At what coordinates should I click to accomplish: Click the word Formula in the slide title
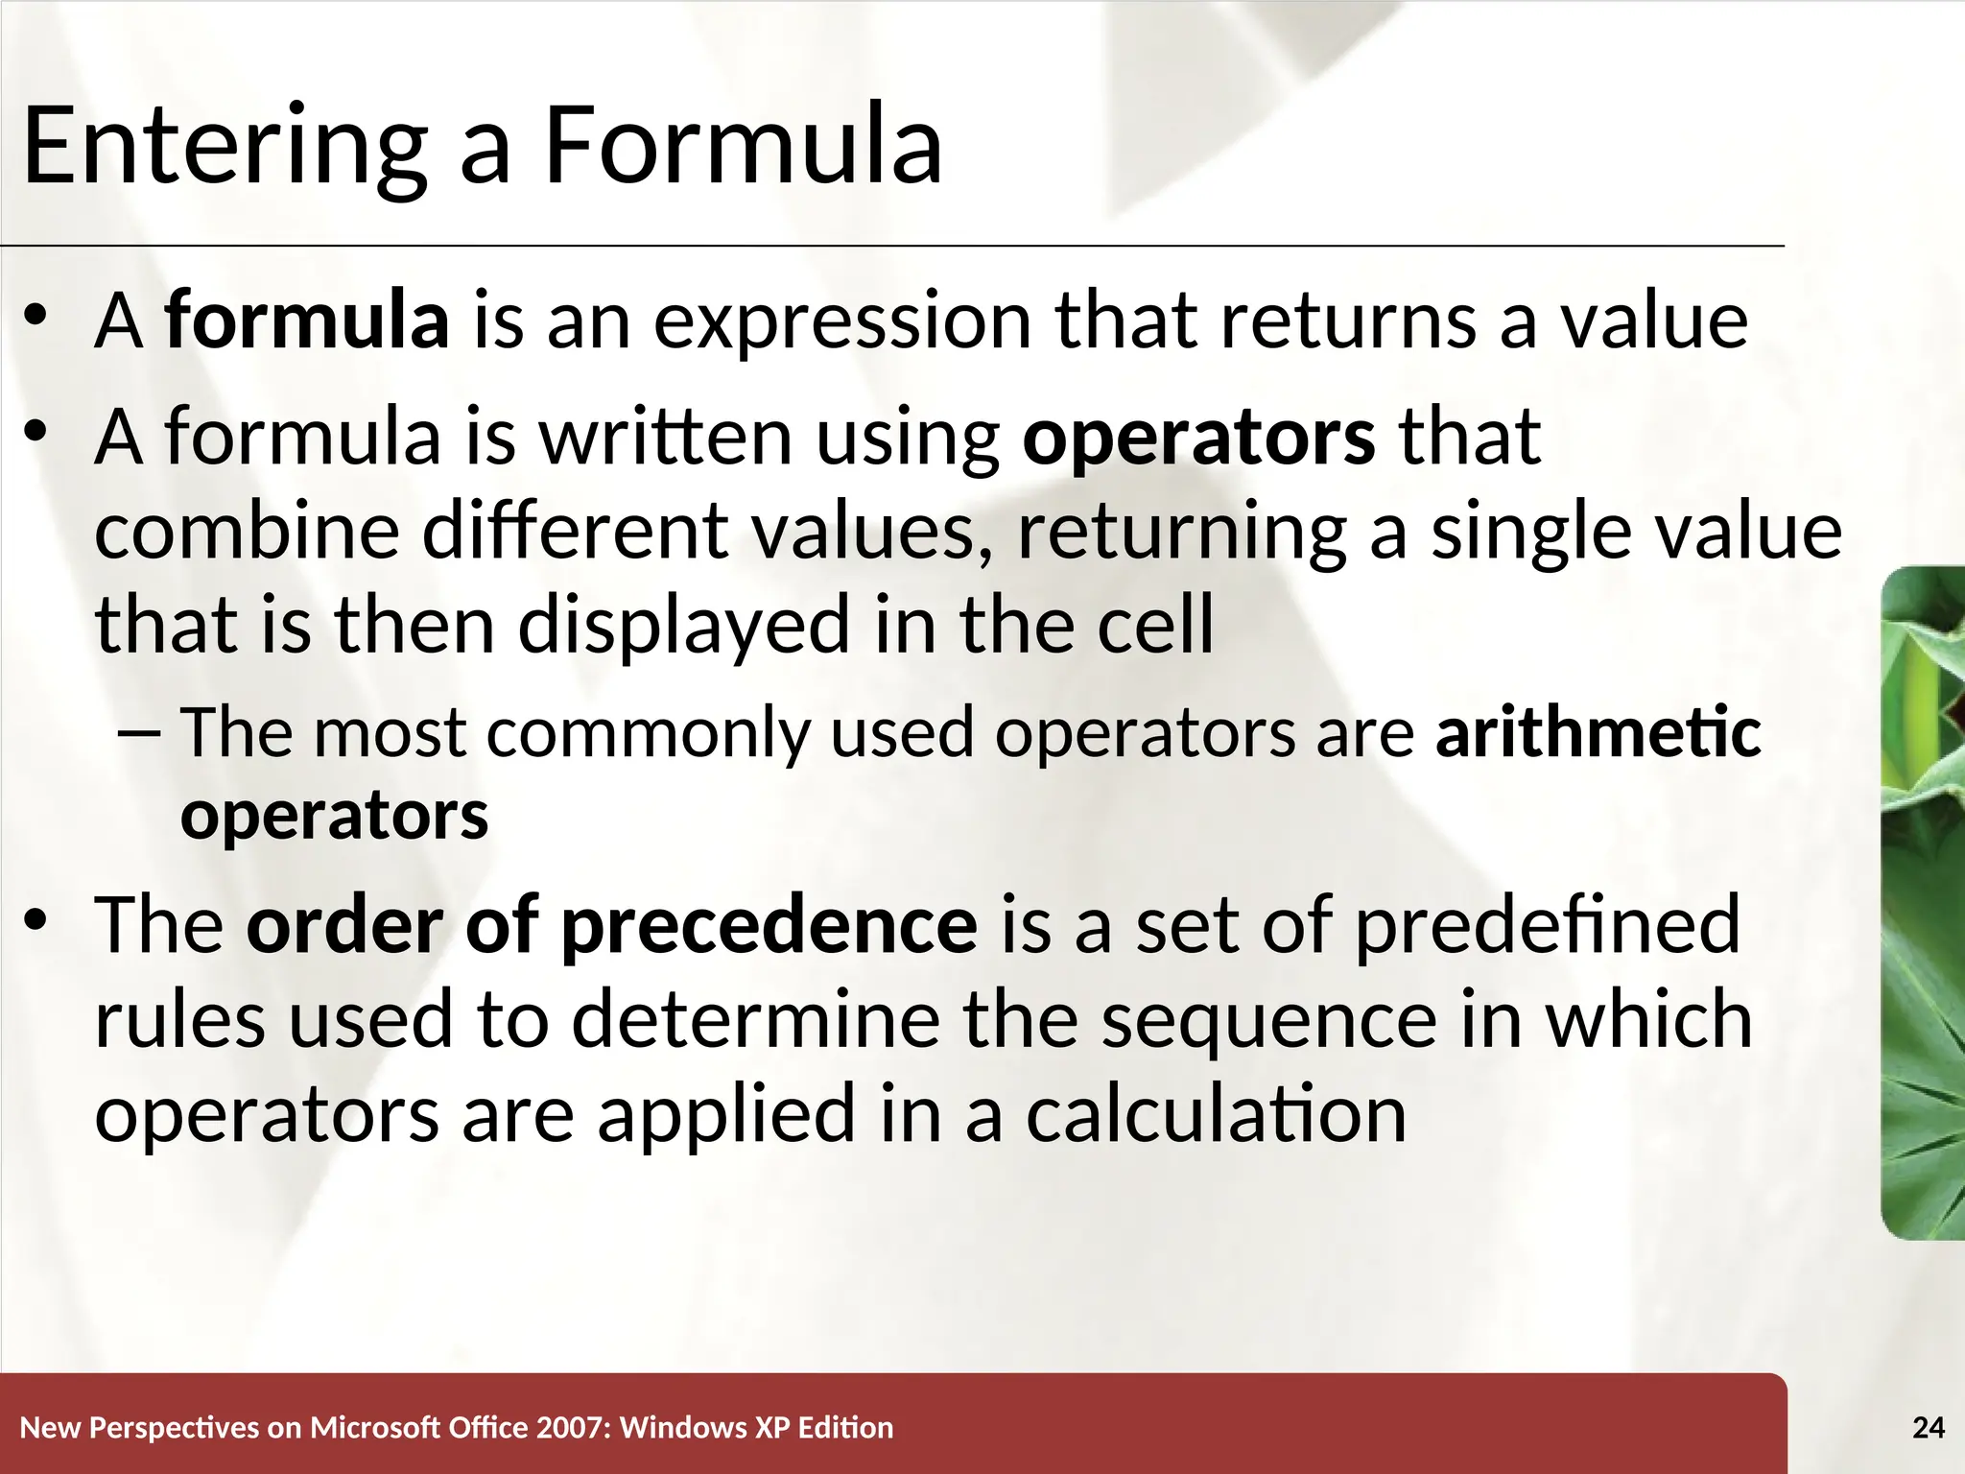coord(744,147)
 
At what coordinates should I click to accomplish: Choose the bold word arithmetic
coord(1598,732)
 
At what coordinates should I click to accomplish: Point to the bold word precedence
coord(769,925)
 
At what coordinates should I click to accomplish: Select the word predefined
coord(1547,925)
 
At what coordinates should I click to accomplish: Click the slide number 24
coord(1929,1428)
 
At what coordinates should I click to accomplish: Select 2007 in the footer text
coord(573,1428)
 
